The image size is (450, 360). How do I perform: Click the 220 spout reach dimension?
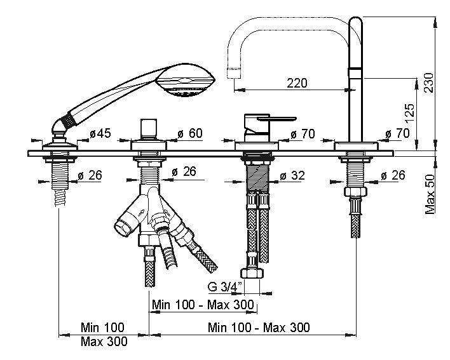click(x=297, y=83)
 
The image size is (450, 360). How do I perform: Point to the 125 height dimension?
click(x=410, y=113)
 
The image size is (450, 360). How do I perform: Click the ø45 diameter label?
click(x=100, y=134)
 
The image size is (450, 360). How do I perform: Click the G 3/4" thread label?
click(x=223, y=285)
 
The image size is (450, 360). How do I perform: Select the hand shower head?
click(x=188, y=81)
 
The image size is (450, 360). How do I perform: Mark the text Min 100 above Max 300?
click(x=102, y=328)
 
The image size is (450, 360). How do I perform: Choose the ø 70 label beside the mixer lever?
click(x=303, y=134)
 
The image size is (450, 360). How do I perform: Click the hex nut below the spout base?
click(x=354, y=193)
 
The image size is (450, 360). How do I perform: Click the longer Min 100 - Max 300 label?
click(x=259, y=328)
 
